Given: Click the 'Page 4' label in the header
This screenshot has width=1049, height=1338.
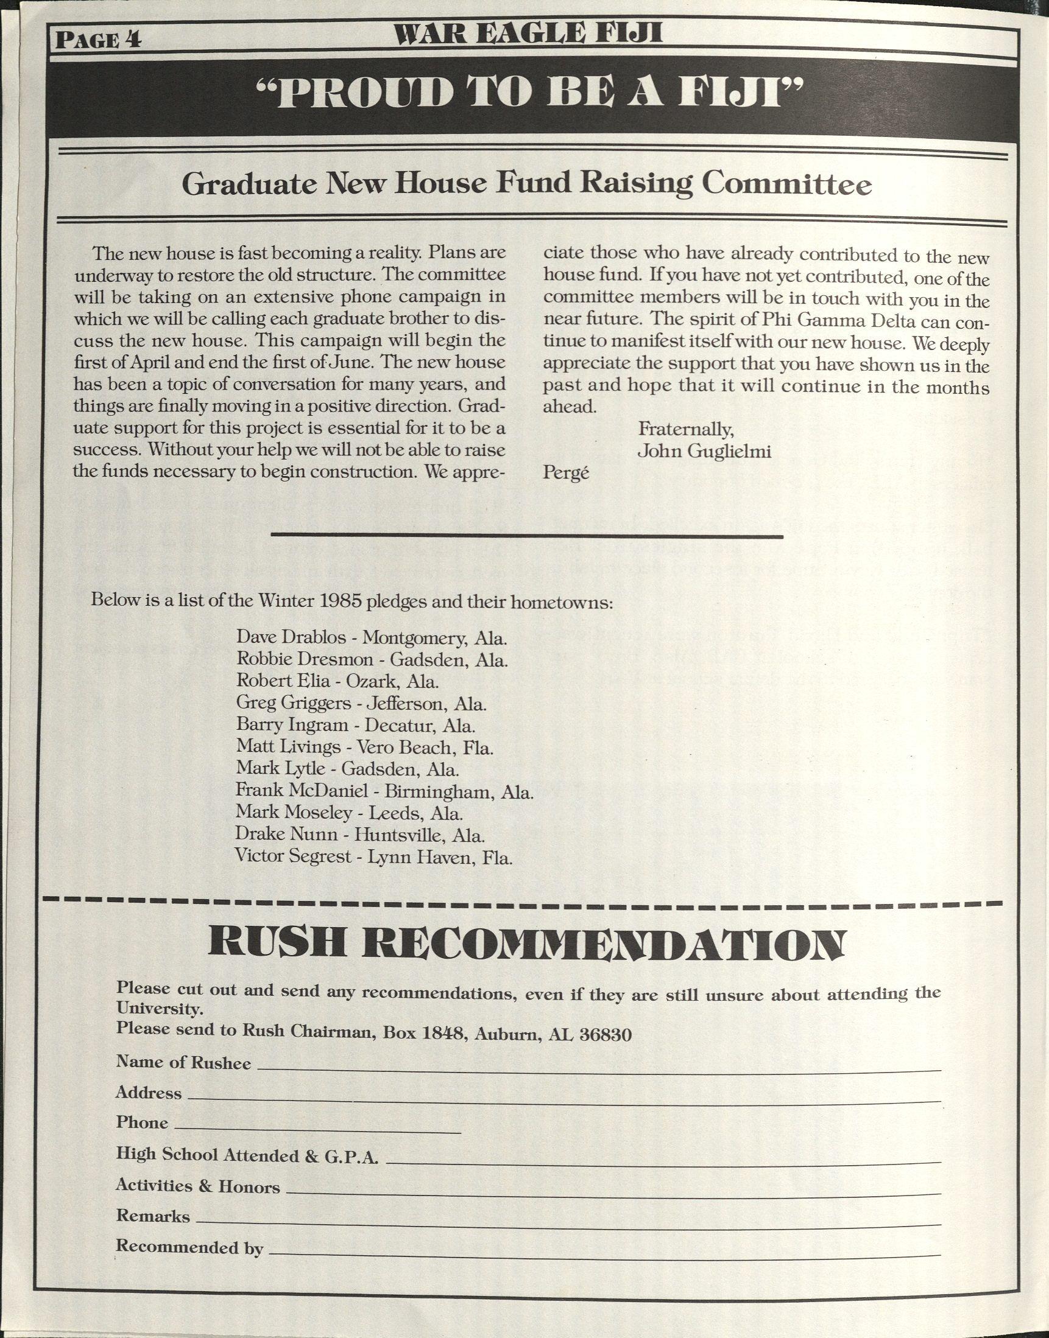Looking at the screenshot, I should coord(98,40).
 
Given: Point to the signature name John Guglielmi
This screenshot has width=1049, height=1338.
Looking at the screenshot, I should coord(704,451).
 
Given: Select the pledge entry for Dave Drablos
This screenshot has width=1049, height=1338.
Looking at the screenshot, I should coord(372,637).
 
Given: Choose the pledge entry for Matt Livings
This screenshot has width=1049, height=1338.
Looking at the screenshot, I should coord(365,747).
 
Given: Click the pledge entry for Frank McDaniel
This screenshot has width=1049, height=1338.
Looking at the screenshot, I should coord(384,791).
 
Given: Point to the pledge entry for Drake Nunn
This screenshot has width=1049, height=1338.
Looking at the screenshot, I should coord(360,835).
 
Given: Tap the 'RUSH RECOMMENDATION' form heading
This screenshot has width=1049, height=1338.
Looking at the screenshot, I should coord(526,945).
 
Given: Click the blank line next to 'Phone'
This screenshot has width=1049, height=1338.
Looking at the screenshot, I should coord(318,1130).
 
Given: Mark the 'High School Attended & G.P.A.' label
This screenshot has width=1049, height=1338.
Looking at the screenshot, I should coord(247,1156).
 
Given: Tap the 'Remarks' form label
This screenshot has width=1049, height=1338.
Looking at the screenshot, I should coord(153,1216).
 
